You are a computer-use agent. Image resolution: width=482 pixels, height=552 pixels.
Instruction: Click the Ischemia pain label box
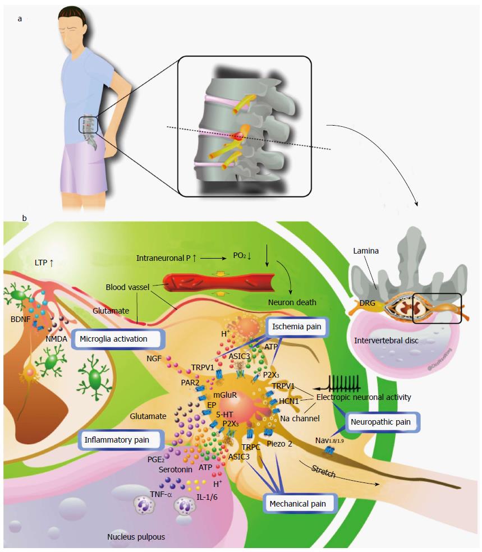click(296, 326)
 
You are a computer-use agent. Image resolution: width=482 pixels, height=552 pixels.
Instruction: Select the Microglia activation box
click(118, 339)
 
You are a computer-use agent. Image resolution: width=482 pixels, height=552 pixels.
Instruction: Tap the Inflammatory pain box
click(121, 440)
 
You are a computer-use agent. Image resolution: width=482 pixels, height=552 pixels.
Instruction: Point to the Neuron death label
click(292, 302)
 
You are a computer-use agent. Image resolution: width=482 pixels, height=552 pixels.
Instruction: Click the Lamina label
click(366, 251)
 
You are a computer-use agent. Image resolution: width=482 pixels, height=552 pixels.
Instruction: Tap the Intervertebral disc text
click(386, 341)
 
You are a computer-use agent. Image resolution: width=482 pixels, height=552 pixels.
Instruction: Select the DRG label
click(367, 303)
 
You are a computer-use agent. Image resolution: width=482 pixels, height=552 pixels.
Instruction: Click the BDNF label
click(20, 319)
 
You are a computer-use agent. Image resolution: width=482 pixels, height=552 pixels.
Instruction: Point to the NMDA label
click(56, 339)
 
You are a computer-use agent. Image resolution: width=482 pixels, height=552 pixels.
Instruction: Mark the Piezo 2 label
click(279, 444)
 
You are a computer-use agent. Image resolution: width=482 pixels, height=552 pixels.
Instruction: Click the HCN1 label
click(289, 401)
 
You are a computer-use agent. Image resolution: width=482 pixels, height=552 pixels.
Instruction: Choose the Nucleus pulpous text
click(136, 537)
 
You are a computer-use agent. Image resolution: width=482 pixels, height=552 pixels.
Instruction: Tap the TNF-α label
click(161, 494)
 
